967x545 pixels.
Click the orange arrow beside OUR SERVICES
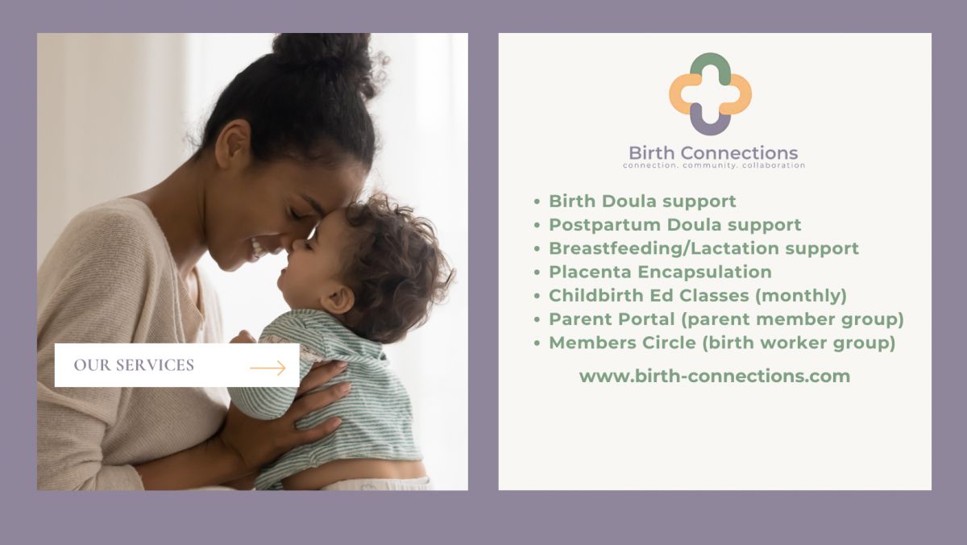tap(268, 368)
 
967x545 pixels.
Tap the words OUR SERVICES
tap(134, 365)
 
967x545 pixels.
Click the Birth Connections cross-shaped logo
tap(710, 94)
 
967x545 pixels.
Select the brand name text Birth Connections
tap(713, 153)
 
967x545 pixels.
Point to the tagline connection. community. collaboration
tap(714, 165)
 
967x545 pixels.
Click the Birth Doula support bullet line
tap(642, 202)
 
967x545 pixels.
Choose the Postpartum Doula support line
tap(674, 225)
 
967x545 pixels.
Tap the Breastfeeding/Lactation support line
tap(703, 249)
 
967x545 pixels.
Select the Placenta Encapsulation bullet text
tap(660, 272)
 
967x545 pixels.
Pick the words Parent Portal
tap(612, 319)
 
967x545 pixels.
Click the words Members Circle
tap(622, 343)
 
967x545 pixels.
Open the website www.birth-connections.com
tap(715, 377)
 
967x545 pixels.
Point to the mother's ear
tap(233, 144)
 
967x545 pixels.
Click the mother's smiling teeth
tap(258, 248)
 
